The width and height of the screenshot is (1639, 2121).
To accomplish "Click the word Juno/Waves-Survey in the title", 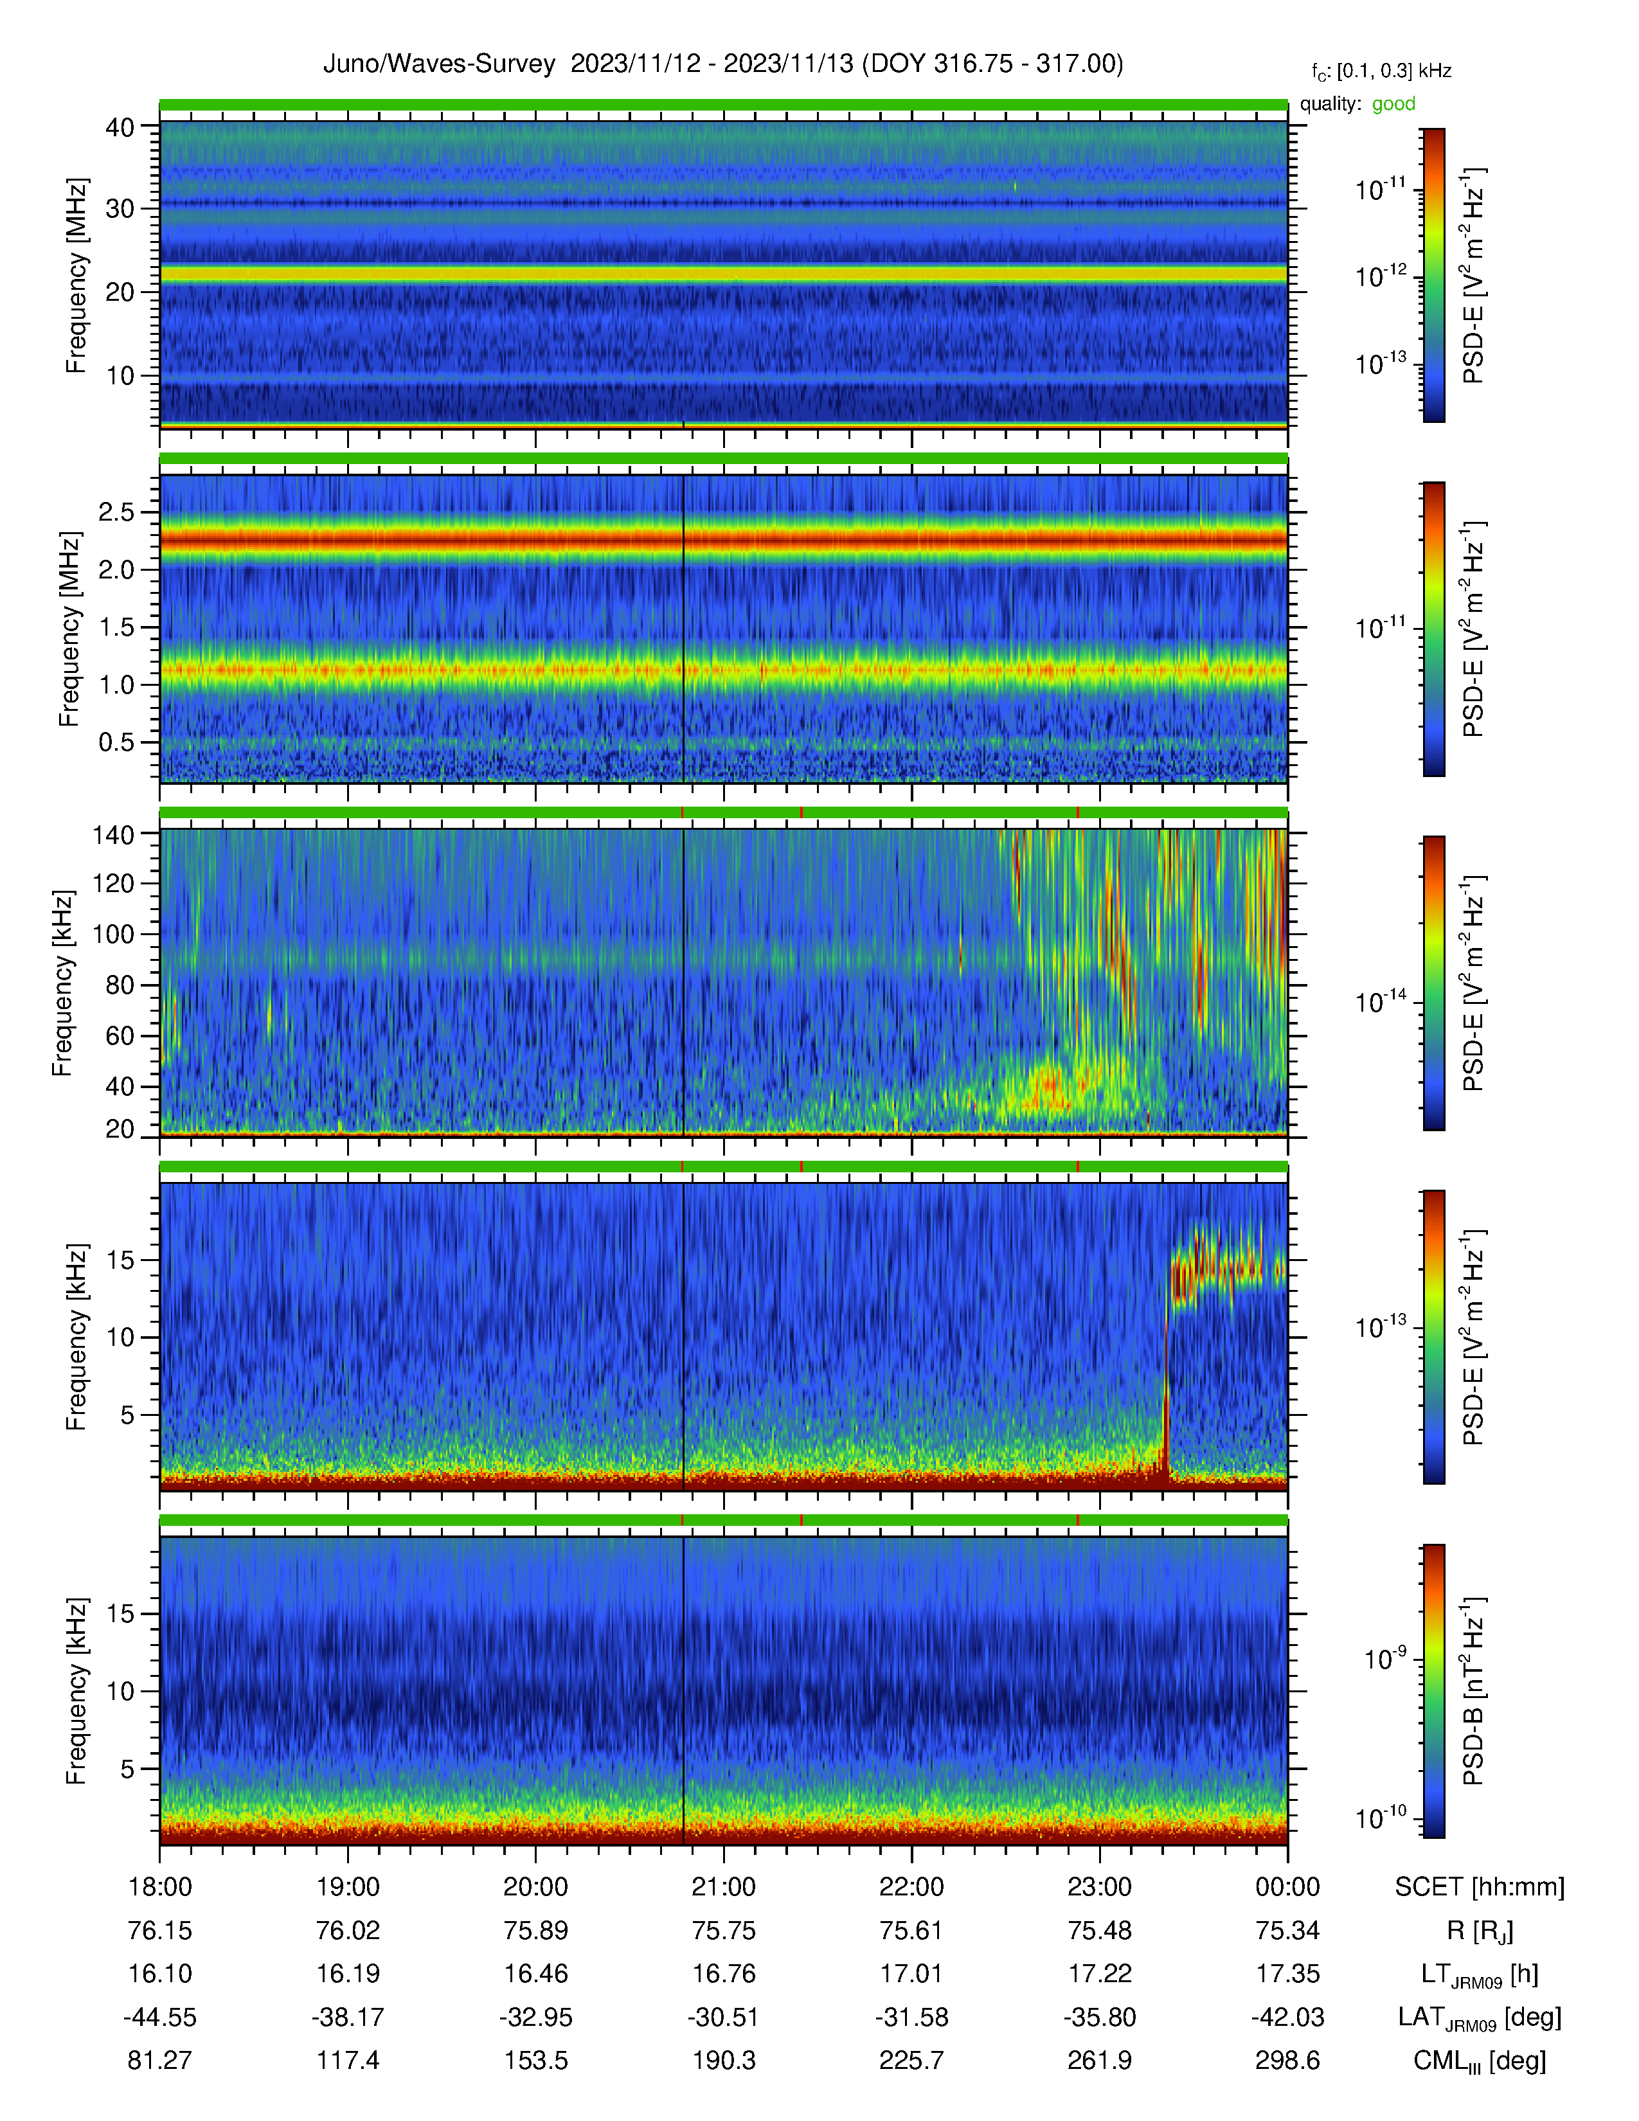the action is (x=439, y=65).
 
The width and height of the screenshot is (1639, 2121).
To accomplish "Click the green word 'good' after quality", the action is (x=1393, y=104).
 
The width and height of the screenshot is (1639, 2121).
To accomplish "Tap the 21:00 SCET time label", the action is (x=723, y=1887).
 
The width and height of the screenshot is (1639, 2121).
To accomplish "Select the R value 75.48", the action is (x=1099, y=1931).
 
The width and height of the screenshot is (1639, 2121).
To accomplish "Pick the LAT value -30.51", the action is (x=723, y=2017).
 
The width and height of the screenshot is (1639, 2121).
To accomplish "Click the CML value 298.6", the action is (x=1287, y=2061).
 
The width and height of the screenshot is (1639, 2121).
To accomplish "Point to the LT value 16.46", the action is (x=536, y=1973).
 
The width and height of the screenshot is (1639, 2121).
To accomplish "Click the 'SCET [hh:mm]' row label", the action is (x=1480, y=1887).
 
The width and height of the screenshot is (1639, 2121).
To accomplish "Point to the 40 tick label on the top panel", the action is (x=120, y=127).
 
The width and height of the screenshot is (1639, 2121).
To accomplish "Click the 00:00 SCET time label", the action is (x=1287, y=1887).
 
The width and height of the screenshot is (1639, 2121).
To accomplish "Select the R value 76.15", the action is (x=160, y=1931).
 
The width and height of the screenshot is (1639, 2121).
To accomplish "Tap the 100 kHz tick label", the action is (x=112, y=935).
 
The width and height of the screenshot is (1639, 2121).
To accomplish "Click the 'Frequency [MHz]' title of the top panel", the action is (x=76, y=276).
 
